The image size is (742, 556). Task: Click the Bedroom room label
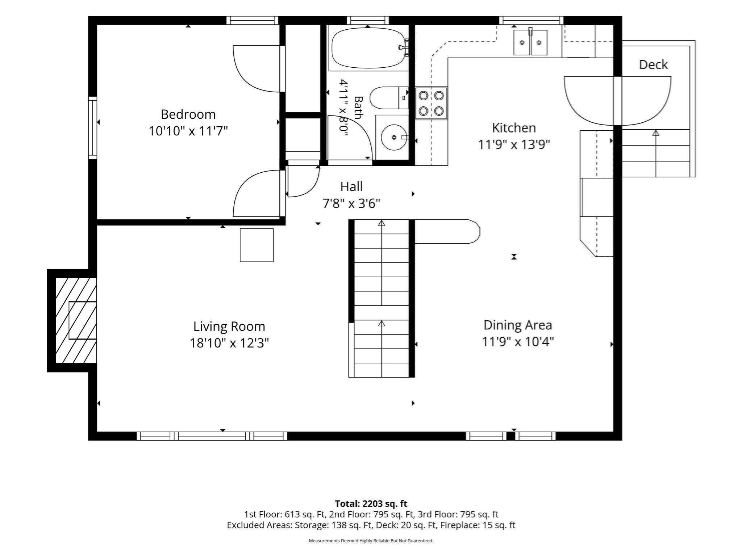click(x=188, y=114)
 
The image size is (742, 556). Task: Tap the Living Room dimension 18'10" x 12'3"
click(x=229, y=343)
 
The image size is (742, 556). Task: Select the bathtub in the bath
click(x=368, y=48)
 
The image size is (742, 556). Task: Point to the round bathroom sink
click(x=394, y=137)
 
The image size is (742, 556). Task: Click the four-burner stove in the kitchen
click(x=431, y=103)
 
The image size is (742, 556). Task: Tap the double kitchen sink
click(x=530, y=42)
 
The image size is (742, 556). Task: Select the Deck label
click(x=653, y=65)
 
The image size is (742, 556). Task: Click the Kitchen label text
click(x=514, y=128)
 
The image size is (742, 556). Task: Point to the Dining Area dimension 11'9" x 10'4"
click(x=518, y=341)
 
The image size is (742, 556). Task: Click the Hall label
click(x=351, y=187)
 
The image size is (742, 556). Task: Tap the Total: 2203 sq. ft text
click(x=371, y=504)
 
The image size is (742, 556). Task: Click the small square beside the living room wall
click(x=257, y=245)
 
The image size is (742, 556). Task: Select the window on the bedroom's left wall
click(x=93, y=128)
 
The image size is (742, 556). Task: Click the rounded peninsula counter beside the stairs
click(x=447, y=232)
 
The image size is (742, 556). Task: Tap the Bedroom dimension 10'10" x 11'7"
click(x=188, y=131)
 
